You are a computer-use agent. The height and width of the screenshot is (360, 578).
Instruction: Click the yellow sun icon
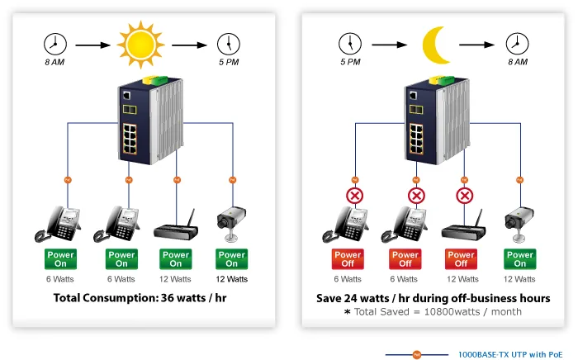[x=140, y=45]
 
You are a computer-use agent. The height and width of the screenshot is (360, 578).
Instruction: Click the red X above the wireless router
[x=464, y=196]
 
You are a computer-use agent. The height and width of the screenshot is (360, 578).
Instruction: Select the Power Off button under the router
[x=461, y=259]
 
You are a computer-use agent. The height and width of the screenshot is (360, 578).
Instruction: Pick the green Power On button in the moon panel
[x=519, y=259]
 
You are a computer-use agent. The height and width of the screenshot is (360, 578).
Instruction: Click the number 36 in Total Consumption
[x=168, y=298]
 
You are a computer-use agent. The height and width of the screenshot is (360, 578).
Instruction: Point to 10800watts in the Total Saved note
[x=452, y=312]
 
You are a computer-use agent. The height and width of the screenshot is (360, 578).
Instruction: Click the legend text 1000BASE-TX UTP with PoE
[x=510, y=354]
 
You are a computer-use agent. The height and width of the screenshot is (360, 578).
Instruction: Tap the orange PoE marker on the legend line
[x=417, y=355]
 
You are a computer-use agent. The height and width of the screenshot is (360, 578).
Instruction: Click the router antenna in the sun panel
[x=190, y=218]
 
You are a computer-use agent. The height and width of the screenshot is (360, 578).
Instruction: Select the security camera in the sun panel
[x=230, y=223]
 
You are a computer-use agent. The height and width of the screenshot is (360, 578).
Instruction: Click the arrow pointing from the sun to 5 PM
[x=189, y=45]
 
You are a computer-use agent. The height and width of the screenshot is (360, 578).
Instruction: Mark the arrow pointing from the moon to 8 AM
[x=476, y=45]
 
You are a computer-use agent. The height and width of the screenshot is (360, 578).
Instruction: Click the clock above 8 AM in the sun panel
[x=55, y=45]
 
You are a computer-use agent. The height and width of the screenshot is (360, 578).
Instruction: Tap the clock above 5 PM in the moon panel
[x=350, y=44]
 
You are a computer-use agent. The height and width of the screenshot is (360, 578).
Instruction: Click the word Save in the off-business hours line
[x=329, y=298]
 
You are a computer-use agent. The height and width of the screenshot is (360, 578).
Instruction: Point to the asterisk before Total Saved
[x=348, y=312]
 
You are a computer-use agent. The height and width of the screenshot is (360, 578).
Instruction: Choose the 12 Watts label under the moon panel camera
[x=519, y=279]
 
